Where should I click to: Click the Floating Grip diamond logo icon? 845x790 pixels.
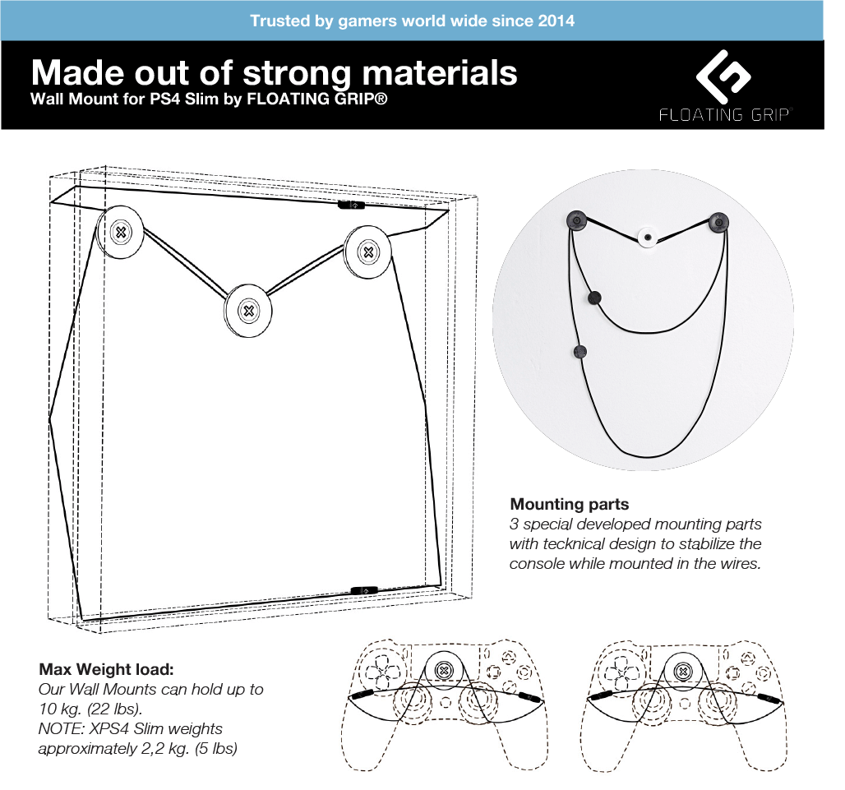point(723,77)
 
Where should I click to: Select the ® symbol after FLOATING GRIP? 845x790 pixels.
point(381,99)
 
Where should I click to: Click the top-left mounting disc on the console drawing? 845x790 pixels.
point(120,233)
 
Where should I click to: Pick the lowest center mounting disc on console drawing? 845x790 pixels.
point(248,311)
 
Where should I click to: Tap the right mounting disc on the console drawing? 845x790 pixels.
point(368,252)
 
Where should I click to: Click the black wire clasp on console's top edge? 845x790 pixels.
point(351,205)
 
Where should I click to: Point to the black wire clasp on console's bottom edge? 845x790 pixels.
point(365,590)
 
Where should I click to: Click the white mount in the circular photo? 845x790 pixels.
point(647,237)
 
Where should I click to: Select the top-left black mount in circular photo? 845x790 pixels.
point(576,220)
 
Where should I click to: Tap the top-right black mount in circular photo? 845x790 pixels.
point(718,222)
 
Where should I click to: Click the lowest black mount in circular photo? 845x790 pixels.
point(579,352)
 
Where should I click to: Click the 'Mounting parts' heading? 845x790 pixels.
point(569,505)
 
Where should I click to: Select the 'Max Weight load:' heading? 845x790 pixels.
point(106,669)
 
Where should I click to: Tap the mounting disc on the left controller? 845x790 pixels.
point(444,671)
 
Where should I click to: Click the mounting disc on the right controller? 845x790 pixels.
point(683,672)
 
